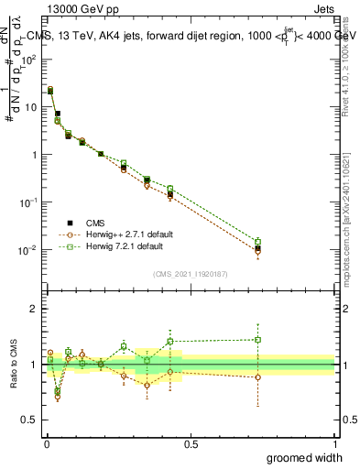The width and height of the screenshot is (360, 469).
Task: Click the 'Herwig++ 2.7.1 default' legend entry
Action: [x=117, y=234]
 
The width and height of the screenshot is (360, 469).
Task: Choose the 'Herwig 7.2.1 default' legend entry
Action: [x=113, y=246]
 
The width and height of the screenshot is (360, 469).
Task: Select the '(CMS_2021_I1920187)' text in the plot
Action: [x=191, y=272]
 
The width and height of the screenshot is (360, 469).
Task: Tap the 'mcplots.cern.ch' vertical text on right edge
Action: [x=350, y=247]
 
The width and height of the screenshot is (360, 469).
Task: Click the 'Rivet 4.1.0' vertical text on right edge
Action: [x=350, y=73]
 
